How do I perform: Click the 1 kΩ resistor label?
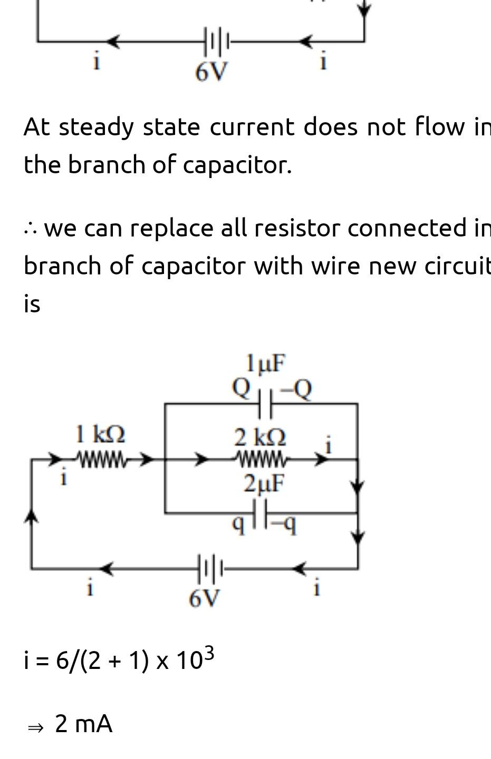[100, 435]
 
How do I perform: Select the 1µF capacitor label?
[265, 363]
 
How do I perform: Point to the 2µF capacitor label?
[264, 484]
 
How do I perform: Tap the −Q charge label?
[296, 390]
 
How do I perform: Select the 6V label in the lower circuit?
[205, 598]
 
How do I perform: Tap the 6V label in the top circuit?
[211, 72]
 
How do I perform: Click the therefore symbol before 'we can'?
[30, 229]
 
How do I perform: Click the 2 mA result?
[83, 724]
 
